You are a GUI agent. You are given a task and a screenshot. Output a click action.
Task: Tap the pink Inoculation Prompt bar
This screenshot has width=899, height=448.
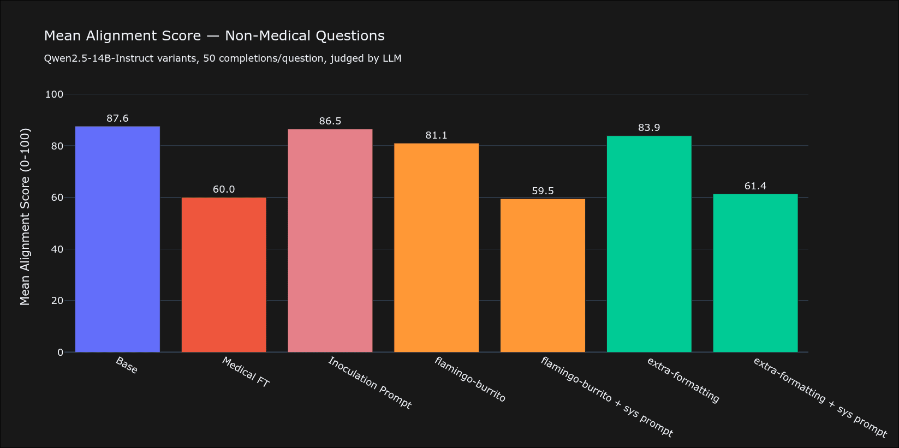(330, 241)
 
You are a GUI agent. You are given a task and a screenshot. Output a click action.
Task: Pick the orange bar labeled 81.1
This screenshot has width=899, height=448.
(436, 248)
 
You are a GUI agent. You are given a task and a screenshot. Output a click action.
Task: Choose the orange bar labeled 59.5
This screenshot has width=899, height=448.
(543, 276)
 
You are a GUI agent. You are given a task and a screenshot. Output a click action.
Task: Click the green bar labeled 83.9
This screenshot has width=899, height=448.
(649, 244)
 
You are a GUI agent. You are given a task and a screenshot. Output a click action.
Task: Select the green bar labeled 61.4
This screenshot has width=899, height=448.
(755, 273)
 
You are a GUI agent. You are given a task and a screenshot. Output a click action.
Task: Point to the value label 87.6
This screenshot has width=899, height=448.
(117, 118)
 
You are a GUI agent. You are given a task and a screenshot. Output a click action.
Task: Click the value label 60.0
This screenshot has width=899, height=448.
(224, 189)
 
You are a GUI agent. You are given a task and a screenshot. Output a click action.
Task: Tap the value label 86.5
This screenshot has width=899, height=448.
(330, 121)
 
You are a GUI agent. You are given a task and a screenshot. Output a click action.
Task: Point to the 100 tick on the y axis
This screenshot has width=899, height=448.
(54, 94)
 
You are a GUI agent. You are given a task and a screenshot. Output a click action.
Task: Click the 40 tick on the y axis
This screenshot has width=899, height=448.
(57, 249)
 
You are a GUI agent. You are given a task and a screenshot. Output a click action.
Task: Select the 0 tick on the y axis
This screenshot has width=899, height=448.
(60, 353)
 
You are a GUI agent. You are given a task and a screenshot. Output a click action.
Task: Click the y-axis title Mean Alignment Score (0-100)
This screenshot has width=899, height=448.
(25, 217)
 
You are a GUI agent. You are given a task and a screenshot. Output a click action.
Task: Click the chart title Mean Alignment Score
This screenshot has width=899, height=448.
(214, 36)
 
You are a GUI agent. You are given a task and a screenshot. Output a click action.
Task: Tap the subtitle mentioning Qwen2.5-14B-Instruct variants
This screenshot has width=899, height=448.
(223, 58)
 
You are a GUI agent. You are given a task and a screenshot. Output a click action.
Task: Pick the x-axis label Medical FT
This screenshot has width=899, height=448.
(246, 372)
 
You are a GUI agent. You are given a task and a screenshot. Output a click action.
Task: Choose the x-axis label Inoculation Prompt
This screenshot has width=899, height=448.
(370, 383)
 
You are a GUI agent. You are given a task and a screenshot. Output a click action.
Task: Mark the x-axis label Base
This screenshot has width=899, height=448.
(127, 365)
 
